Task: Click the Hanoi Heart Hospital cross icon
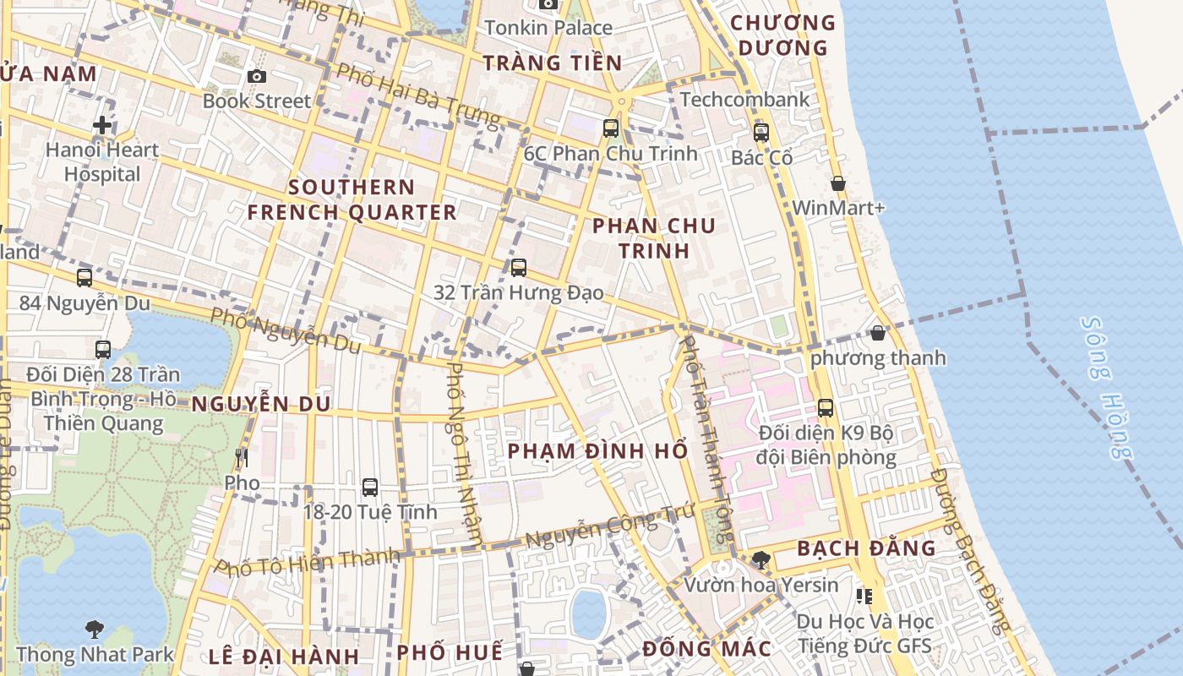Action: point(102,125)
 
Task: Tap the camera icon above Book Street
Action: point(257,76)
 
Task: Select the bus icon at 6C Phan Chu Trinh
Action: point(610,128)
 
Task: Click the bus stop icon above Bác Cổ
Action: point(761,132)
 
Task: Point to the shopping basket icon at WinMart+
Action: point(837,183)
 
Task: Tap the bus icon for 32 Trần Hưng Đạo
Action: point(519,267)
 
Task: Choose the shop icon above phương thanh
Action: point(878,333)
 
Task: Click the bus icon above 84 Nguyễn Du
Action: point(84,277)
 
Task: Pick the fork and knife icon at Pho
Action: point(242,458)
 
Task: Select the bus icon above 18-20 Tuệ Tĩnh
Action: point(370,487)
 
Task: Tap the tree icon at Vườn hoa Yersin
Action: point(760,559)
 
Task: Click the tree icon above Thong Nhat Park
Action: point(95,629)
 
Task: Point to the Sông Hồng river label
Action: point(1107,389)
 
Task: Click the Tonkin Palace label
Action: point(548,28)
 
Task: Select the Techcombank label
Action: point(744,99)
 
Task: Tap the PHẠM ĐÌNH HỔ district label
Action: point(597,450)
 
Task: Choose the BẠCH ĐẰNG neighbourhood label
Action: point(866,548)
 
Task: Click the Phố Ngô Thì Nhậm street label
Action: point(465,453)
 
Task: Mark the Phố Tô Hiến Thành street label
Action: point(307,561)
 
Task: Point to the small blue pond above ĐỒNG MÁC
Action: point(589,613)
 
